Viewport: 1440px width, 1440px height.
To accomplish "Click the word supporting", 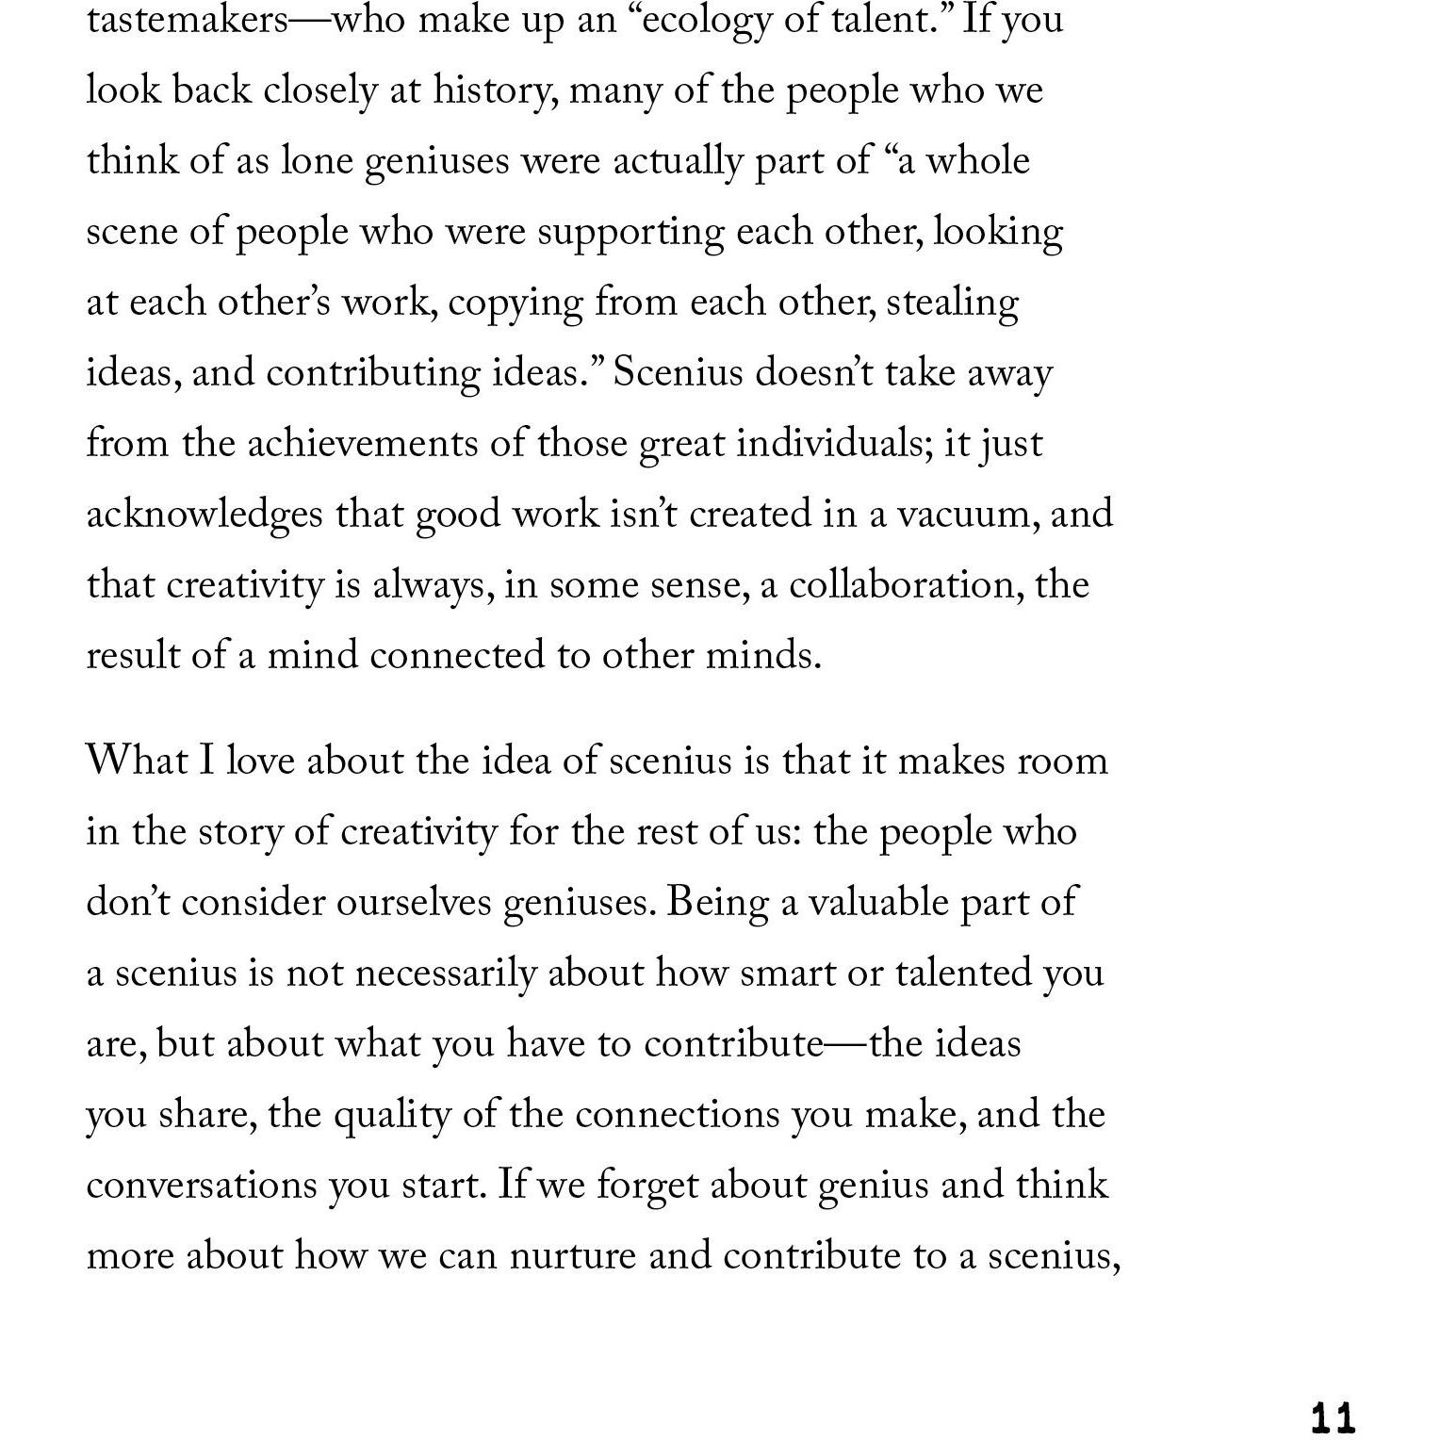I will [x=630, y=233].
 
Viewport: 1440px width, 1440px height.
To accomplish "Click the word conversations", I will [x=202, y=1185].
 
